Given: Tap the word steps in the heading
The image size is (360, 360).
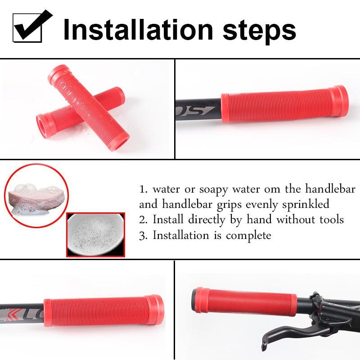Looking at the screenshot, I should [260, 30].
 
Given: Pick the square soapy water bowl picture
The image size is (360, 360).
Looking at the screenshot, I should [95, 234].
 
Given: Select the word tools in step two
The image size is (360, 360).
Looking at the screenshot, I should [330, 220].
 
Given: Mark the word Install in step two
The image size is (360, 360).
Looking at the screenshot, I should [169, 220].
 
